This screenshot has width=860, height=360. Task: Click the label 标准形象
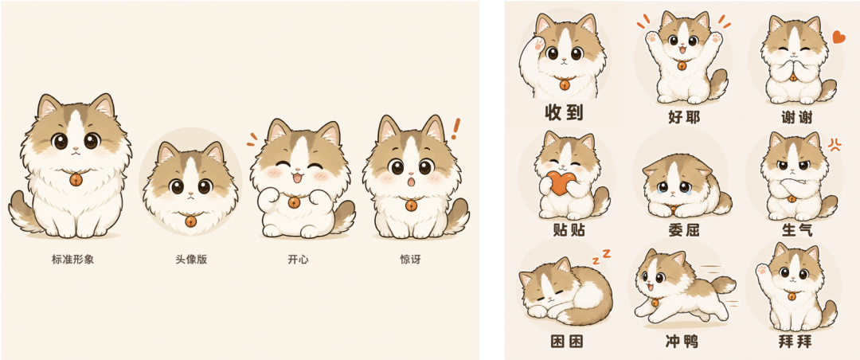73,259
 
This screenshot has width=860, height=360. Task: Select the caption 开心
298,259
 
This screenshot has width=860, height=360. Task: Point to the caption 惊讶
410,259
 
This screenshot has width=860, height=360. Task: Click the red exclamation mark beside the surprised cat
455,130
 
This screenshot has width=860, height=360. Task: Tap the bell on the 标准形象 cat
76,179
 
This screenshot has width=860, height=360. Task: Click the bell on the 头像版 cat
190,221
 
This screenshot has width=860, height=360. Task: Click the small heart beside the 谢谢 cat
838,37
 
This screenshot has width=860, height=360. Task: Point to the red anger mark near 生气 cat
835,144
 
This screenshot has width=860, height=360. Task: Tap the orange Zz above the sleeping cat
600,254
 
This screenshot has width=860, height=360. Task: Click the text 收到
564,112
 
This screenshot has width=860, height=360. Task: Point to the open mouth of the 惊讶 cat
410,182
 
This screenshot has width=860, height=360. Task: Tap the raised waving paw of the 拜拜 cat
763,272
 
